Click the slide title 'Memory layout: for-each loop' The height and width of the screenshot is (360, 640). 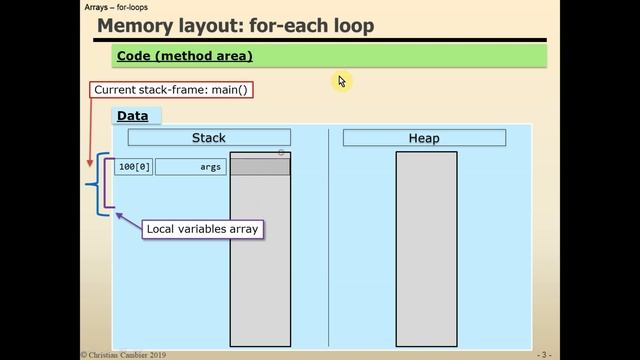click(x=236, y=25)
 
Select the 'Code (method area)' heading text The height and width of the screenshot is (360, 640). click(x=184, y=56)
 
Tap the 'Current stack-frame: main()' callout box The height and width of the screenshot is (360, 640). click(x=171, y=89)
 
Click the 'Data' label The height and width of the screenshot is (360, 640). click(x=132, y=116)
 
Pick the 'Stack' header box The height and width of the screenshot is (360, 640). click(x=209, y=138)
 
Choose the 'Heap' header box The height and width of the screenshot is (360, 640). click(x=424, y=138)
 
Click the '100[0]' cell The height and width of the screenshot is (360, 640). click(x=134, y=167)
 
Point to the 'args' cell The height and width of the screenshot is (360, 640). click(x=191, y=167)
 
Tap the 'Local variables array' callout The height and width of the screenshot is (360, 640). click(x=202, y=229)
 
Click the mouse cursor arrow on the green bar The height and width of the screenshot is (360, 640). click(x=341, y=81)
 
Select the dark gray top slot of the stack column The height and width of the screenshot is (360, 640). click(x=260, y=167)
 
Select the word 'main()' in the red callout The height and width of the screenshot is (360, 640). click(x=226, y=89)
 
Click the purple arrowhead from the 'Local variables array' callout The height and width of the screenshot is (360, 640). click(x=118, y=213)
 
